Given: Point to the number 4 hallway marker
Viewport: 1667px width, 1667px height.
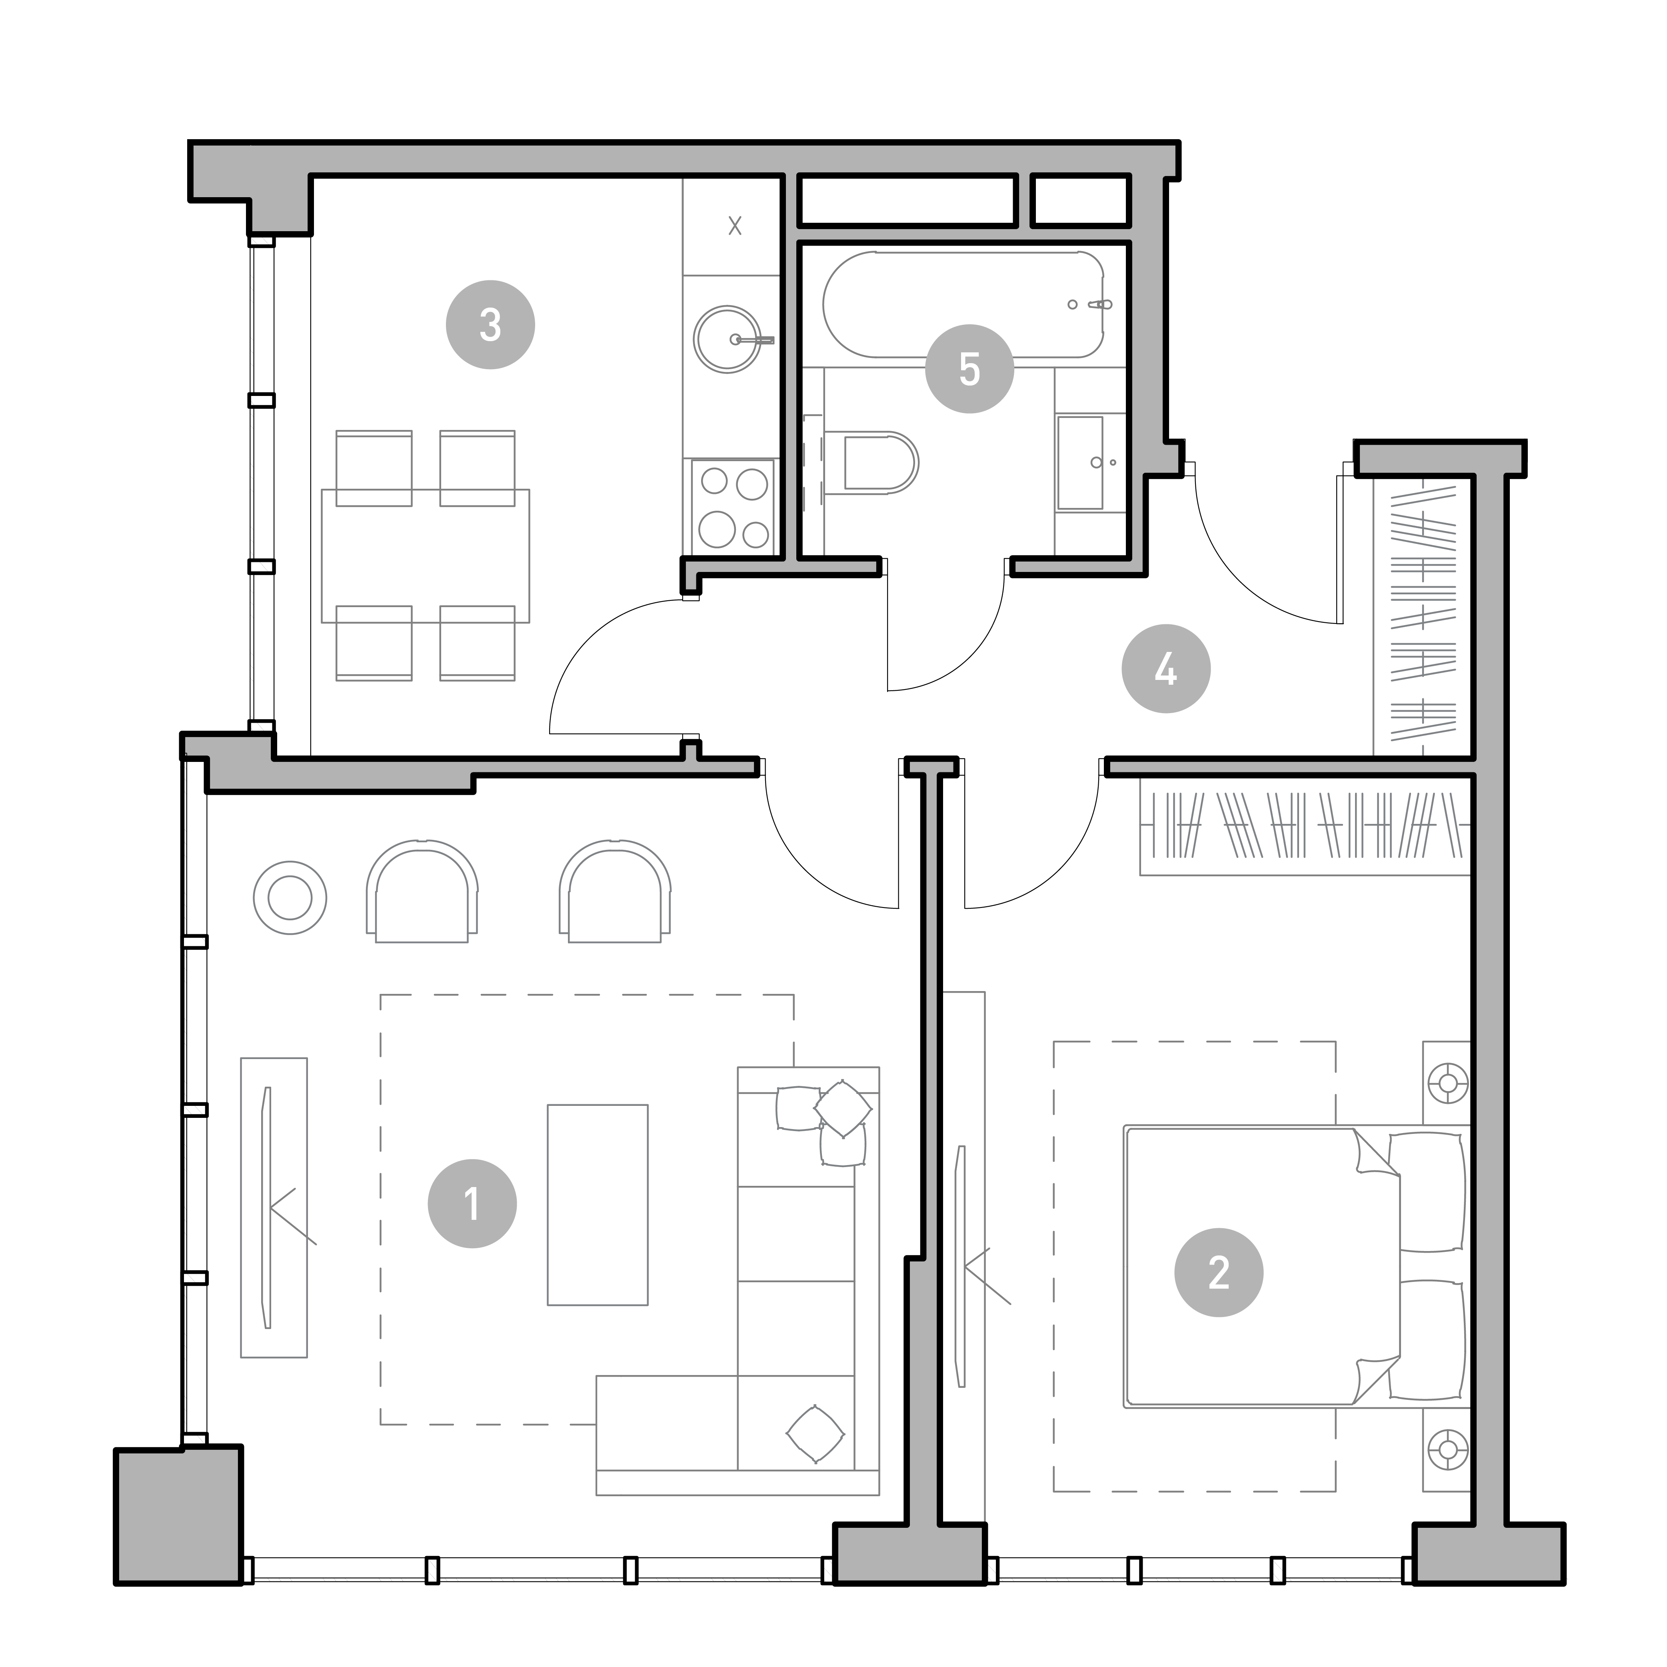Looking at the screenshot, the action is (1166, 669).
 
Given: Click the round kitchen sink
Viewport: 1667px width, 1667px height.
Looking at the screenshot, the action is (728, 339).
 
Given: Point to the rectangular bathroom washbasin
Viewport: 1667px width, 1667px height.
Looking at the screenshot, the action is (1080, 463).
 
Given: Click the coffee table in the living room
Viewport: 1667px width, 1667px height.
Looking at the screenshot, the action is (597, 1205).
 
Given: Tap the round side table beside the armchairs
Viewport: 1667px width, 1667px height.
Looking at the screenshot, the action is (290, 897).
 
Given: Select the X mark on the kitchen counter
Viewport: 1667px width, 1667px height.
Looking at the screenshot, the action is (734, 226).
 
